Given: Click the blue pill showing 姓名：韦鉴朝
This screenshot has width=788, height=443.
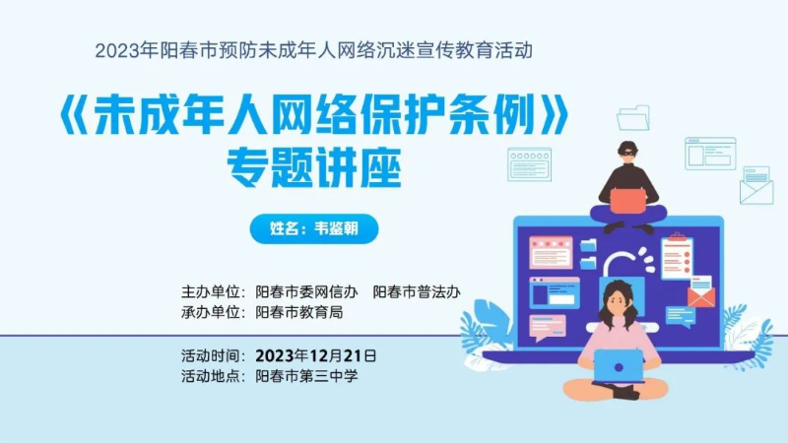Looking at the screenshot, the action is point(314,228).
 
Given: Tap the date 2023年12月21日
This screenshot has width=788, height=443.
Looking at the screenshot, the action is point(315,356).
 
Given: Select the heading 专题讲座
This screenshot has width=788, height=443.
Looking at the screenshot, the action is point(314,167).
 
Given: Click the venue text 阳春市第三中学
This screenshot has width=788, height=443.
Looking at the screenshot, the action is point(306,376).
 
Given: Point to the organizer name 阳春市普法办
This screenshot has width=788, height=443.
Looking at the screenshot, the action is point(417,292).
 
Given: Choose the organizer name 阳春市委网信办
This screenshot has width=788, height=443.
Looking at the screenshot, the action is point(306,292).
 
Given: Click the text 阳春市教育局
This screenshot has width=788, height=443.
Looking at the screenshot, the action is point(299,312).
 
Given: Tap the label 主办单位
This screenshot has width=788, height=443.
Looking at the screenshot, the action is point(211,292).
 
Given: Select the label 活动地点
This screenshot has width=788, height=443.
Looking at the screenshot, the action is point(211,376).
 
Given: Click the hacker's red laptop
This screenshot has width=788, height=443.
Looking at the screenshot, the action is point(628,201).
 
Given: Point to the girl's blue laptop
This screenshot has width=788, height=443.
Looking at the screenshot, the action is point(619,366).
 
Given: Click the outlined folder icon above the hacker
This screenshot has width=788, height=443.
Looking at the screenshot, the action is point(633,118).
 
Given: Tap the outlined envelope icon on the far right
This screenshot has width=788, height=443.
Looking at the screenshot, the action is point(756,186).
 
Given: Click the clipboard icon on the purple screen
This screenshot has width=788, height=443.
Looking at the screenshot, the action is point(678,256).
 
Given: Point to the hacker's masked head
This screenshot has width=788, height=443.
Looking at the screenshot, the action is point(627,153).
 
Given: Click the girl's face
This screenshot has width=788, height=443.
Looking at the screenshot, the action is point(619,301).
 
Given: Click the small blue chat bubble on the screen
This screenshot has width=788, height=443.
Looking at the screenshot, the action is point(681,316).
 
